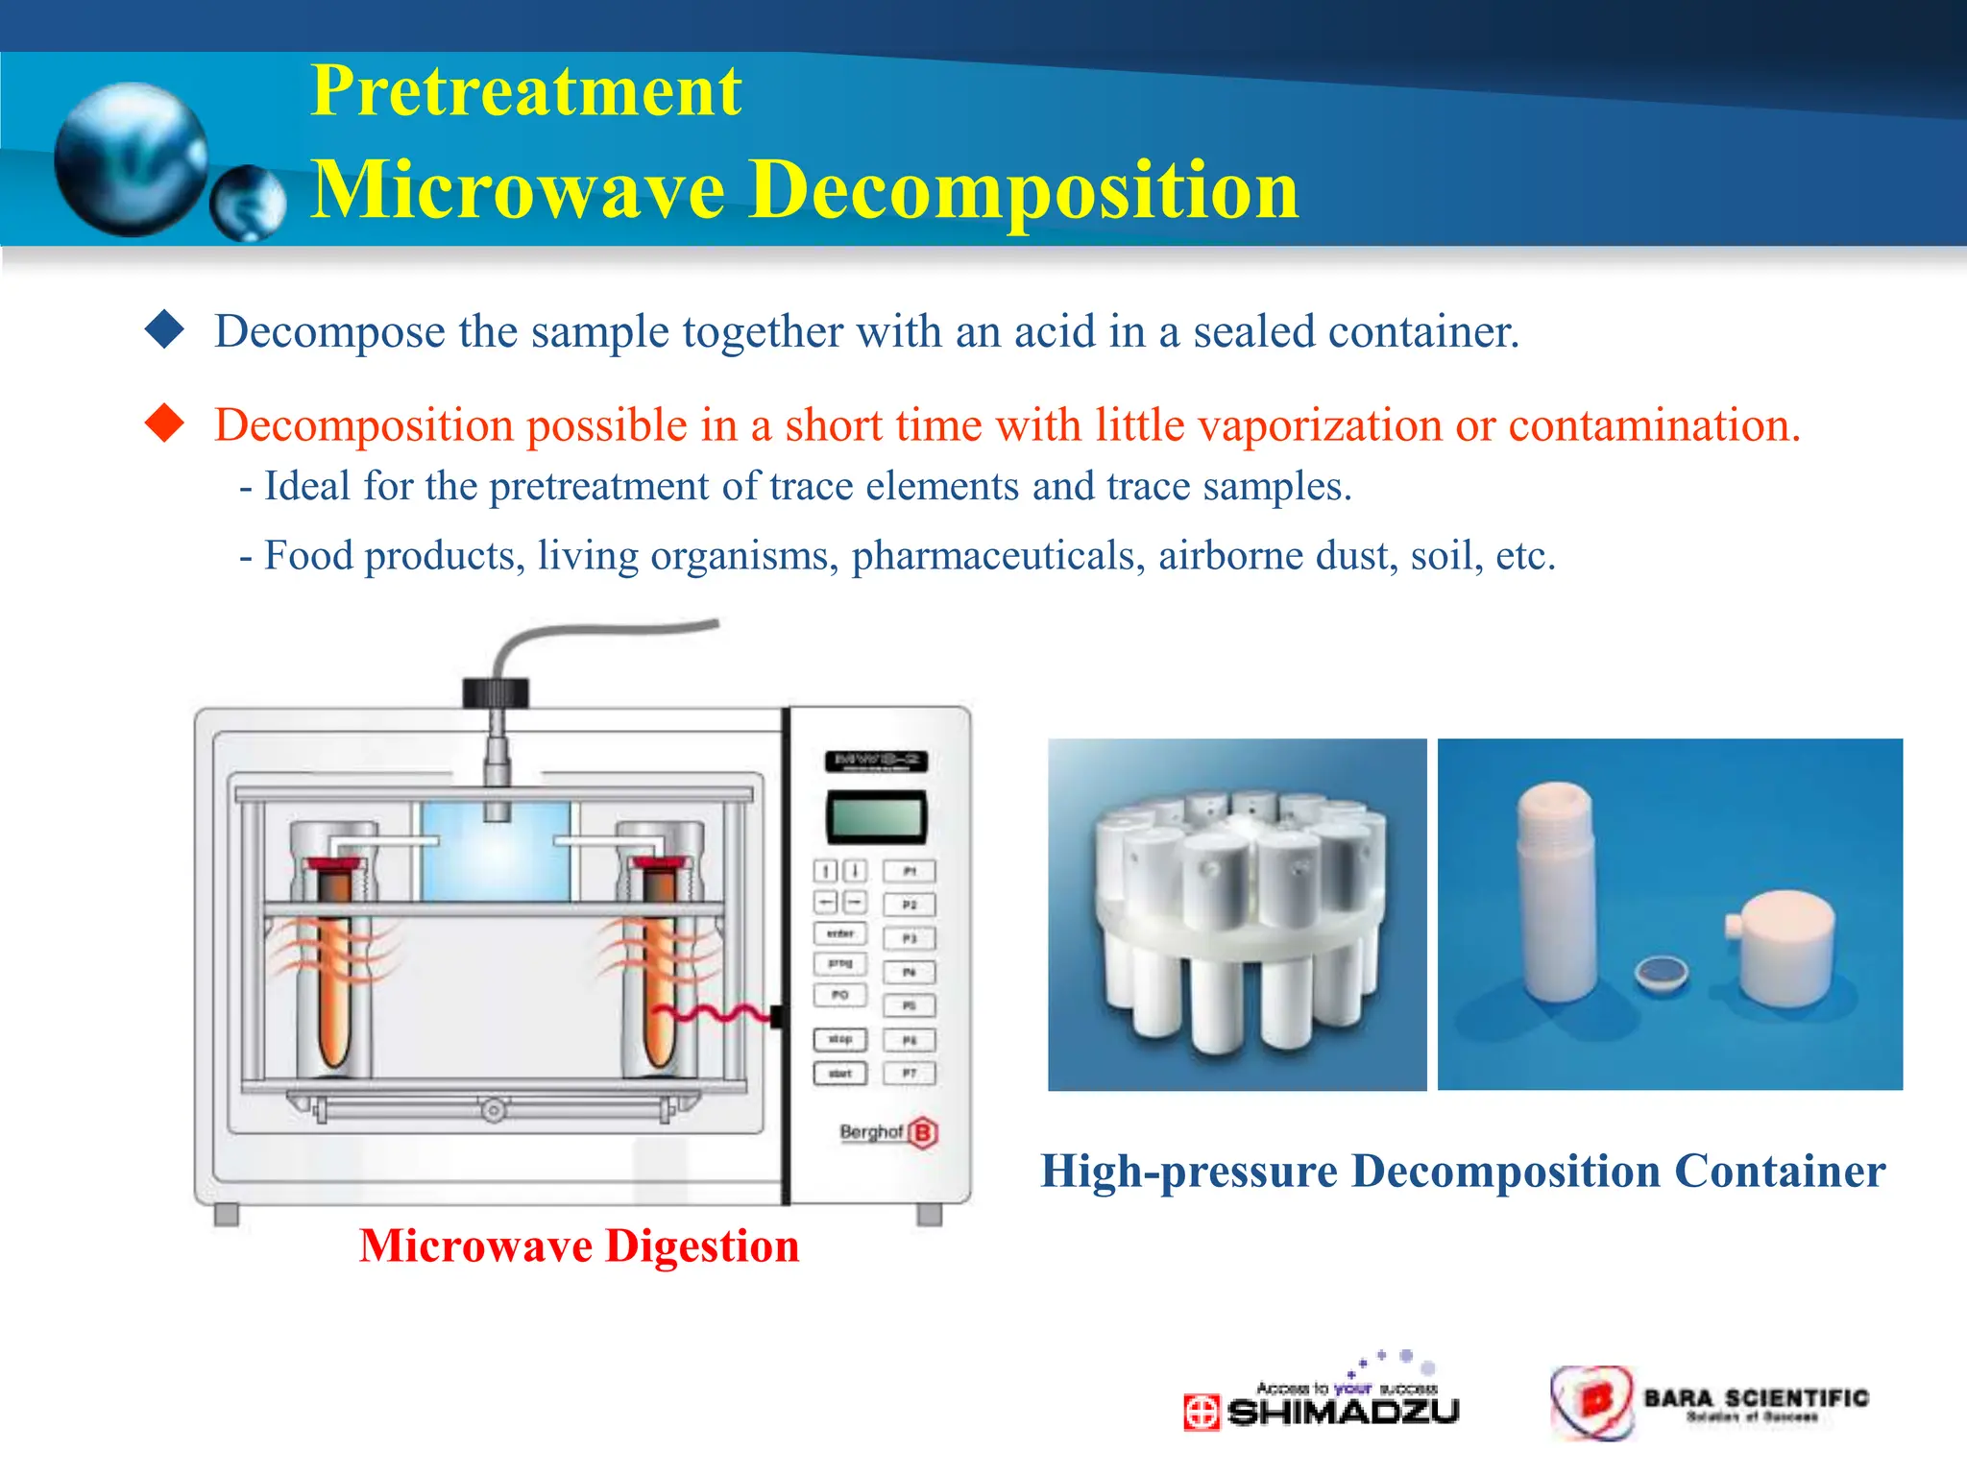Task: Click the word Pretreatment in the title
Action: point(525,91)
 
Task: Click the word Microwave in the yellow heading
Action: point(519,190)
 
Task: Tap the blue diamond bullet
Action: point(164,329)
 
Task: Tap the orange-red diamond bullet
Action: point(164,423)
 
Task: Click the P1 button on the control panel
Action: point(909,871)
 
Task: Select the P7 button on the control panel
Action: point(909,1074)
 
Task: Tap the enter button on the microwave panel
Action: point(840,933)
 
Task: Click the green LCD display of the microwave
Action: point(876,818)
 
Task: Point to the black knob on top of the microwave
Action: point(496,691)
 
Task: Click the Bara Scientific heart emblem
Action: point(1592,1402)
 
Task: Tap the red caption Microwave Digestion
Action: point(579,1246)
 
